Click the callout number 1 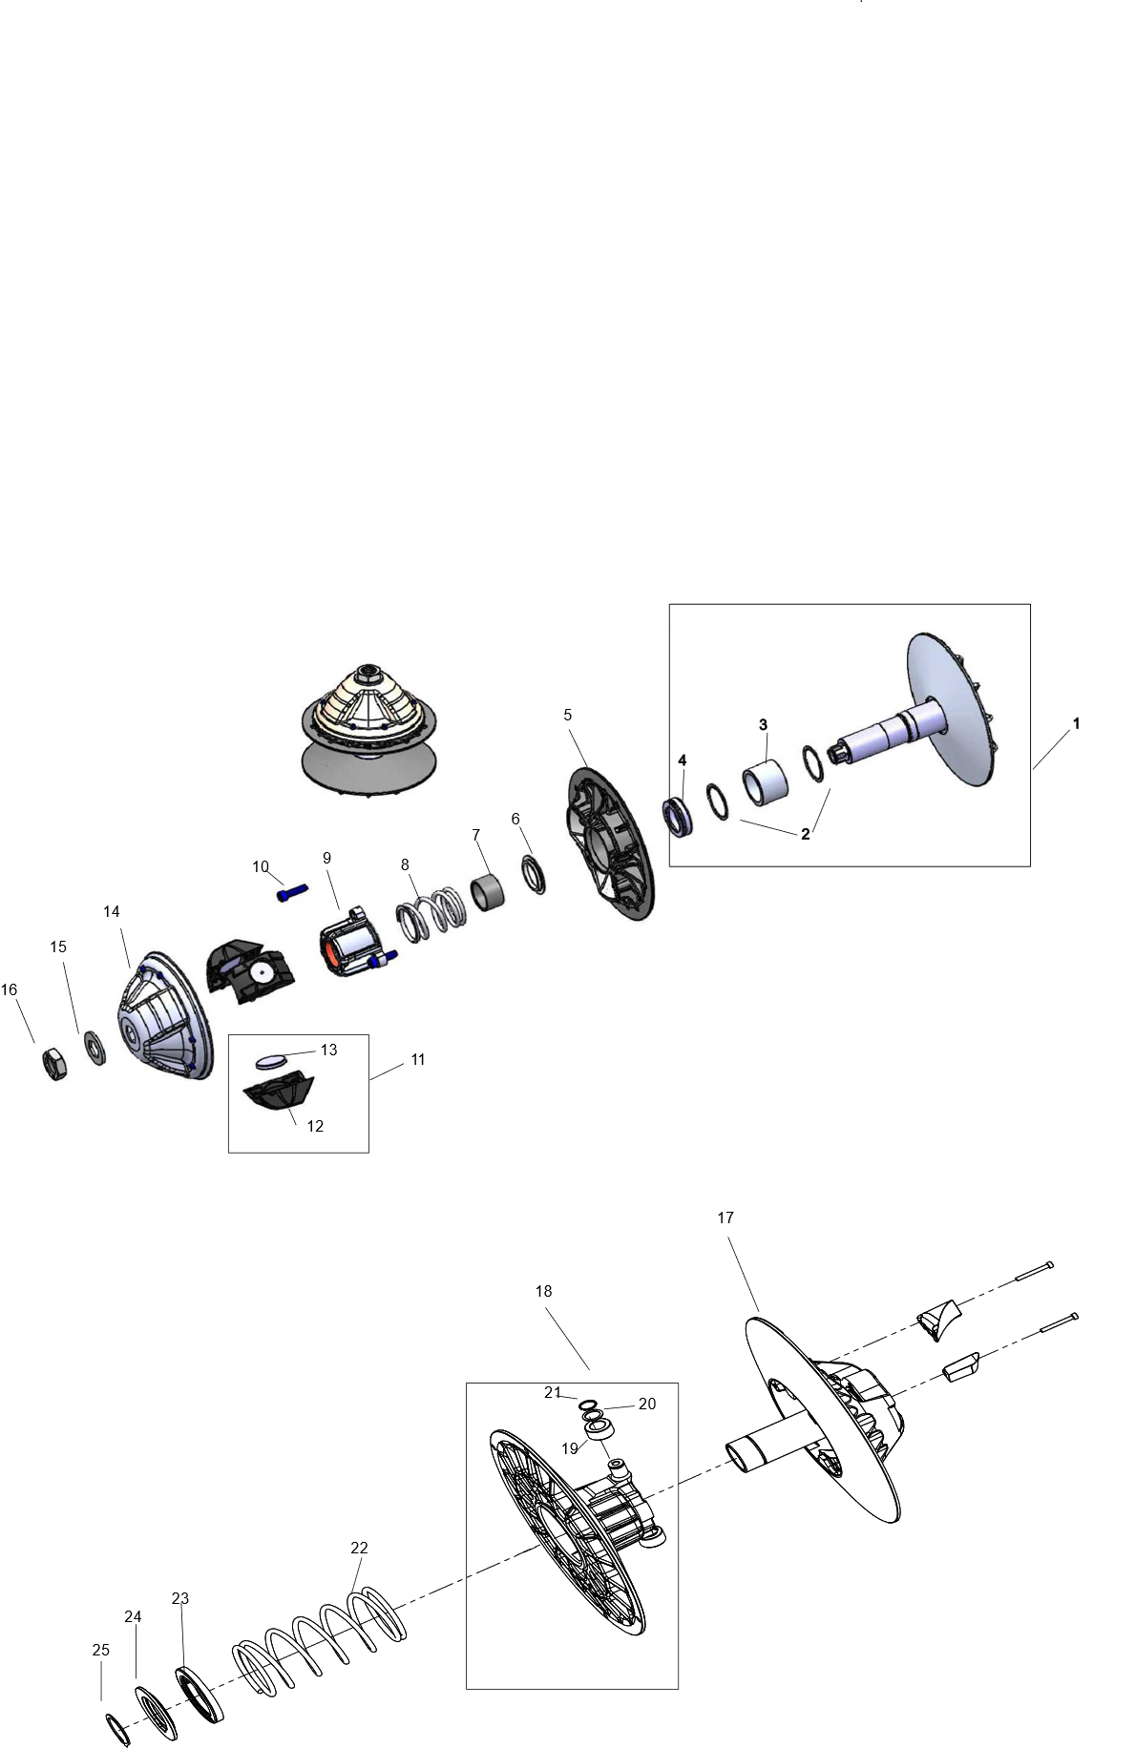1076,724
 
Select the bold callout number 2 806,834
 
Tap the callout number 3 763,725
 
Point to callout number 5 567,715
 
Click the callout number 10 261,867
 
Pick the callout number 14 112,912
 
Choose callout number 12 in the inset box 315,1126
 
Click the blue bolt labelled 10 292,893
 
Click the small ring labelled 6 534,874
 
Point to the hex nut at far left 54,1063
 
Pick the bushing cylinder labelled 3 766,780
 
